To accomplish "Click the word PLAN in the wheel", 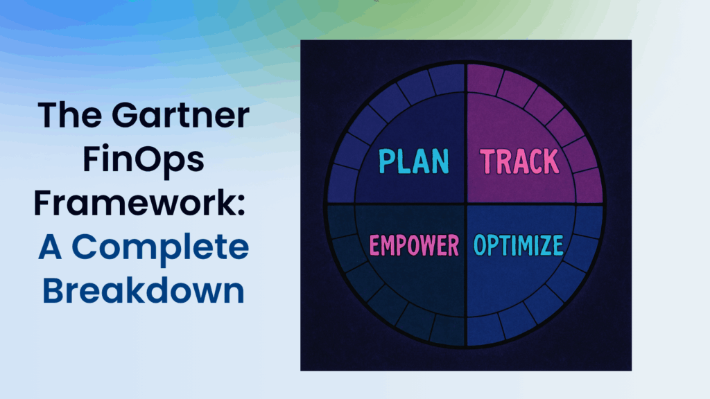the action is tap(413, 161).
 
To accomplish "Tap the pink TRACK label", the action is tap(519, 161).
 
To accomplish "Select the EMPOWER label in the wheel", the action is tap(414, 246).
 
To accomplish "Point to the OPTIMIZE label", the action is tap(519, 246).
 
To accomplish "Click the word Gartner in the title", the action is tap(180, 115).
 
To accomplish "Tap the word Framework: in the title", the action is tap(139, 203).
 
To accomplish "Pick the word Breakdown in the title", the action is tap(144, 290).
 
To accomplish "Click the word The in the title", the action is tap(70, 115).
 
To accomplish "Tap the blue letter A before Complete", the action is tap(50, 247).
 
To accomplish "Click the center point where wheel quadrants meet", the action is tap(466, 204).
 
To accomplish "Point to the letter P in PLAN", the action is tap(386, 161).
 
